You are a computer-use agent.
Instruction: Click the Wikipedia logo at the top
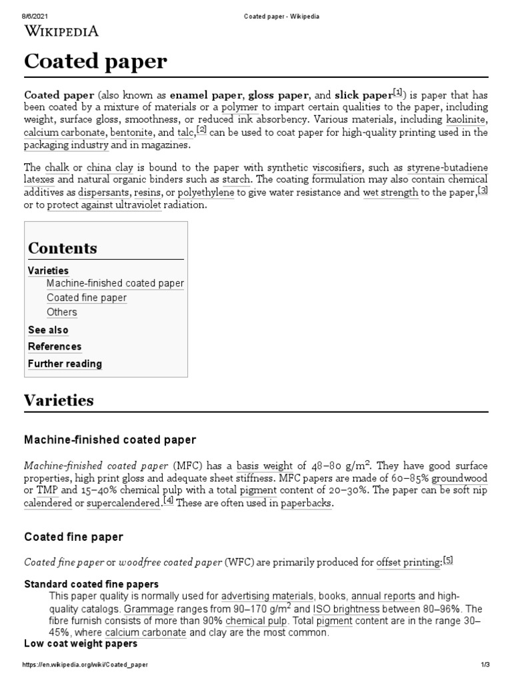tap(61, 31)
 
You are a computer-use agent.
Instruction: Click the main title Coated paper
tap(95, 61)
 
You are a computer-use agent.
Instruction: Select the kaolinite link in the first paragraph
tap(462, 120)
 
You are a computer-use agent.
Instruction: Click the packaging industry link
tap(66, 145)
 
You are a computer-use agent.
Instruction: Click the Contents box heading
tap(62, 248)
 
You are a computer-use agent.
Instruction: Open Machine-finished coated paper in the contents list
tap(115, 283)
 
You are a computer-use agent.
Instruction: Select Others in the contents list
tap(61, 312)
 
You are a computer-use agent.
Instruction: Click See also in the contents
tap(48, 330)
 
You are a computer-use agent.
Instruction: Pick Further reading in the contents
tap(65, 364)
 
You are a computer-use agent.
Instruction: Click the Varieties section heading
tap(59, 401)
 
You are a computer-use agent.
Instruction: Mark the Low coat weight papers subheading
tap(81, 644)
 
